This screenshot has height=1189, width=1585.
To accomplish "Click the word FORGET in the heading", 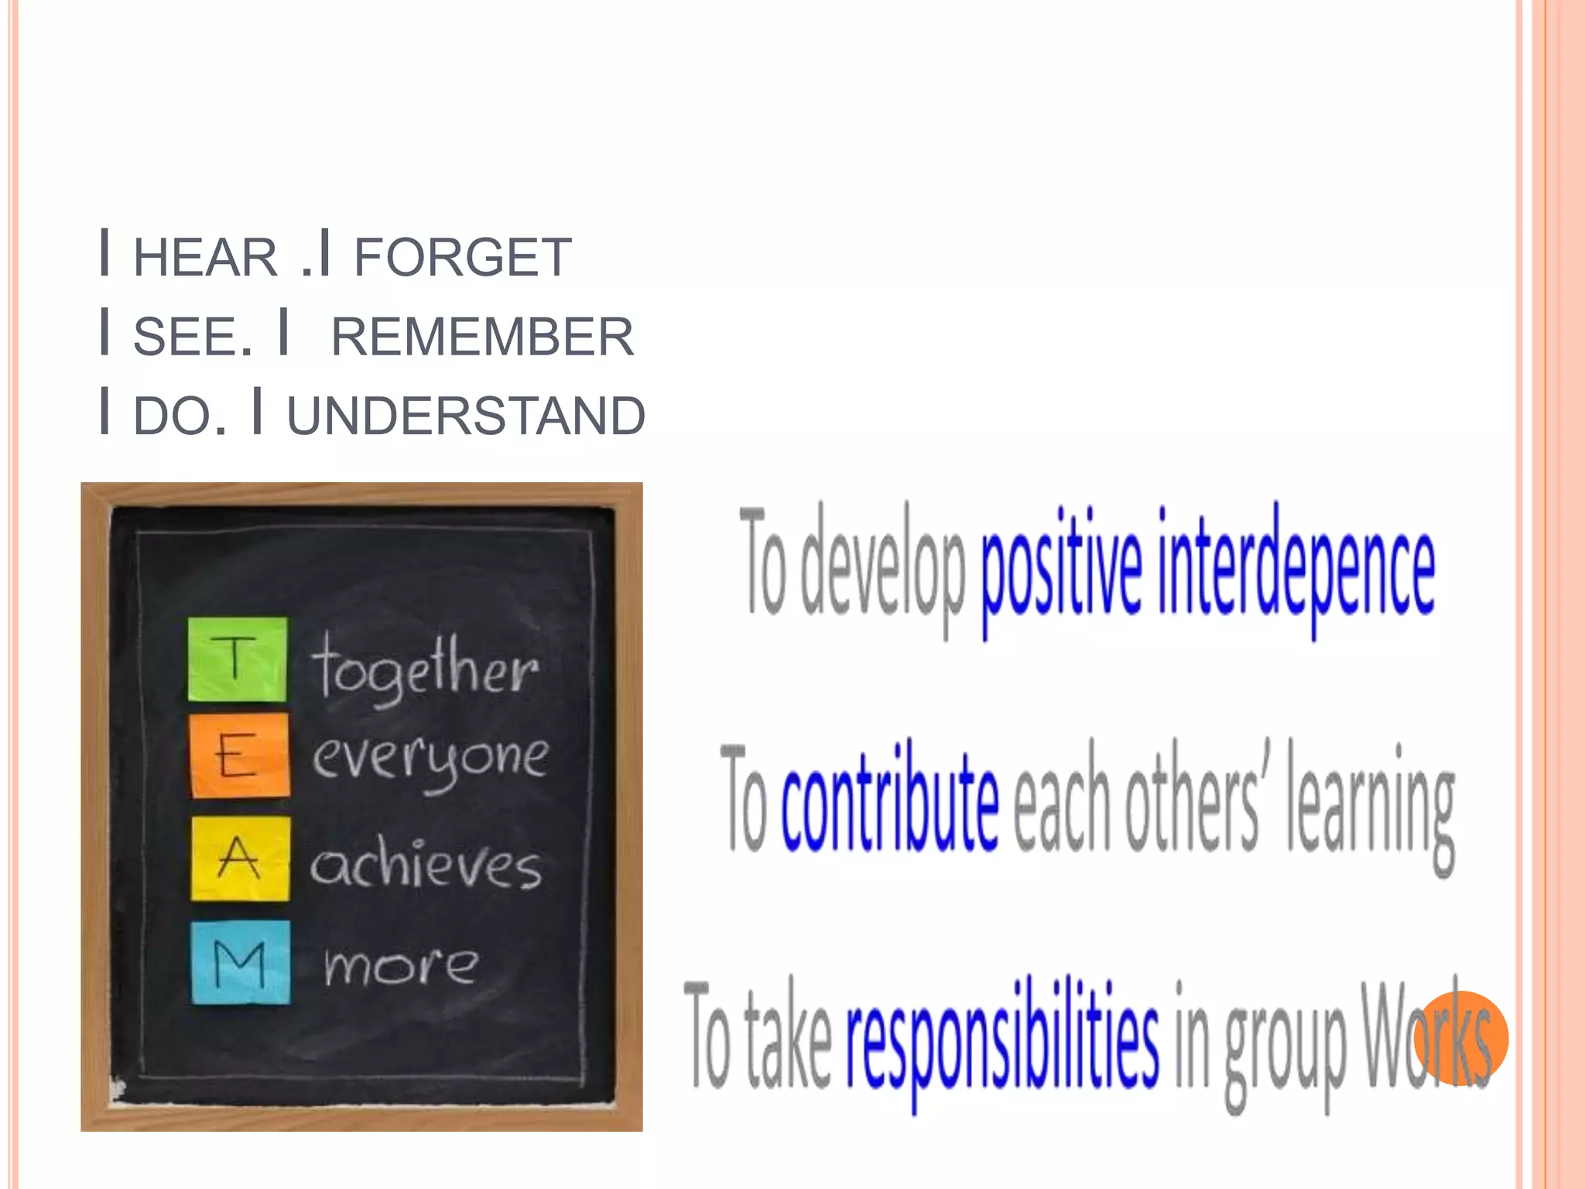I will [462, 257].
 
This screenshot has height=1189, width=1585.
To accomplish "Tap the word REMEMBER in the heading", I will [482, 337].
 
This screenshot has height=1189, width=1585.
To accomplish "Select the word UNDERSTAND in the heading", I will [466, 416].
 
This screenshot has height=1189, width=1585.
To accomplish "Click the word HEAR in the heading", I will [205, 257].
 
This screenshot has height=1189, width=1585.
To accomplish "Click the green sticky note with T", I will [238, 660].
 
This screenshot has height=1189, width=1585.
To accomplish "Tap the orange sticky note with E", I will [240, 756].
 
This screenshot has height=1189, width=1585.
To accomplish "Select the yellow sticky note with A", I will [241, 858].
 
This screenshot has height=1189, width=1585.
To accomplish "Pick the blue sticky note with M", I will [241, 962].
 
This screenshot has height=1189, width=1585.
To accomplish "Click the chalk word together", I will [424, 667].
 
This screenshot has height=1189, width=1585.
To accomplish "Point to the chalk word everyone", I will [430, 759].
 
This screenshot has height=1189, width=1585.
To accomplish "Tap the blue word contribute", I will [889, 801].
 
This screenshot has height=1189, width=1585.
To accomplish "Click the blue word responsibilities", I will [1002, 1037].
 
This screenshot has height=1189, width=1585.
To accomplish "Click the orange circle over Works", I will [1460, 1038].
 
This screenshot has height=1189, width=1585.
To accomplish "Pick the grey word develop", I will [882, 569].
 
